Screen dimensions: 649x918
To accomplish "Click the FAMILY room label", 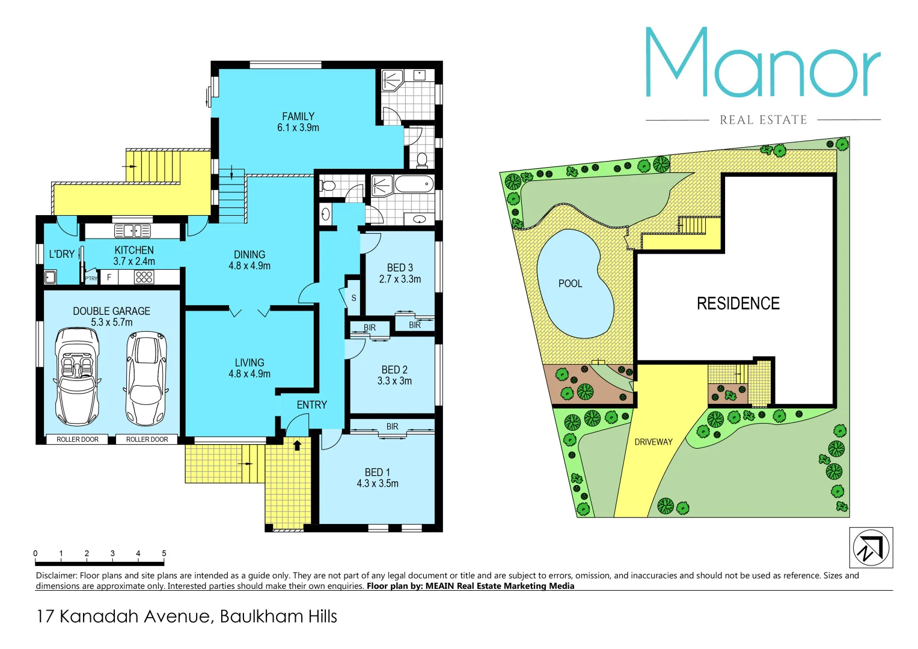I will pyautogui.click(x=298, y=117).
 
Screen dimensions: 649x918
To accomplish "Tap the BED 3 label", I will pyautogui.click(x=400, y=268).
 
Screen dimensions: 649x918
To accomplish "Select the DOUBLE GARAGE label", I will pyautogui.click(x=112, y=311).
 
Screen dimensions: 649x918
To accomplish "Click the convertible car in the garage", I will pyautogui.click(x=77, y=376).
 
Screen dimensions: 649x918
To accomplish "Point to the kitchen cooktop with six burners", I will pyautogui.click(x=144, y=277).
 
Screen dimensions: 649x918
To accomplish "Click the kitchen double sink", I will pyautogui.click(x=133, y=231).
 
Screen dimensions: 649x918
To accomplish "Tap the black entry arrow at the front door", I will pyautogui.click(x=297, y=445).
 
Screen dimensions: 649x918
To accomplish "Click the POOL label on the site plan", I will pyautogui.click(x=570, y=284).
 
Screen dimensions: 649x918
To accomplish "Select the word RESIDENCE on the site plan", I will pyautogui.click(x=738, y=303).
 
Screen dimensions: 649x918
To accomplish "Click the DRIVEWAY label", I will pyautogui.click(x=653, y=442).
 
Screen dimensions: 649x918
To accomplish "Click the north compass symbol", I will pyautogui.click(x=871, y=547).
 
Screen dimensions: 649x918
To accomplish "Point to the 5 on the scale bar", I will pyautogui.click(x=164, y=553).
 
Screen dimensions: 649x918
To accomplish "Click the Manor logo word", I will pyautogui.click(x=762, y=63).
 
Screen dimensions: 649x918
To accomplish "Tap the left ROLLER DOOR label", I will pyautogui.click(x=78, y=440).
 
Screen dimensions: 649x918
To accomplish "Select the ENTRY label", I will pyautogui.click(x=311, y=405).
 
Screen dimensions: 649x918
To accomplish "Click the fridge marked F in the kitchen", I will pyautogui.click(x=109, y=278).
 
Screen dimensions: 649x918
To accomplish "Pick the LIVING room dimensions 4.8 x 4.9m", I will pyautogui.click(x=249, y=374).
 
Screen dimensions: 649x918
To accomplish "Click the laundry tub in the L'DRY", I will pyautogui.click(x=50, y=277).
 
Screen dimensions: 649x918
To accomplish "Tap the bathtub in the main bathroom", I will pyautogui.click(x=414, y=184).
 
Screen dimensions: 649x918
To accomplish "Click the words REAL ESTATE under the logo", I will pyautogui.click(x=763, y=120).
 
